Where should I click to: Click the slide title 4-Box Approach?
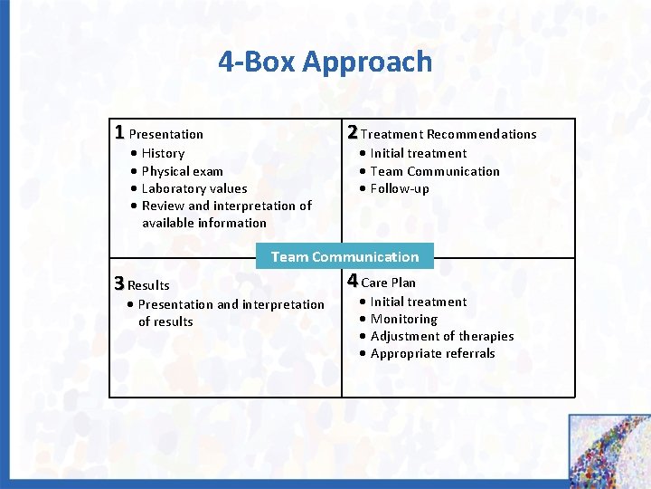[x=325, y=62]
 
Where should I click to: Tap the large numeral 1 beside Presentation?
[x=119, y=132]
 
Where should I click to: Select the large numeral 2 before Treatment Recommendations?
[x=353, y=132]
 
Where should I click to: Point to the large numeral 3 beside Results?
[x=118, y=283]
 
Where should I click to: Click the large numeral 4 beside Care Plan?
[x=353, y=281]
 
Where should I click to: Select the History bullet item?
[x=162, y=154]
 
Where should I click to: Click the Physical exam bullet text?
[x=182, y=171]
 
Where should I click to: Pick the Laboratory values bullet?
[x=193, y=188]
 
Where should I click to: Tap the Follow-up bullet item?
[x=399, y=188]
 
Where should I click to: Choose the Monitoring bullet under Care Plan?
[x=403, y=319]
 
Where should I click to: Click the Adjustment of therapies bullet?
[x=441, y=336]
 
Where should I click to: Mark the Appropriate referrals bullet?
[x=432, y=353]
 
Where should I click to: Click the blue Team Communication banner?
[x=344, y=256]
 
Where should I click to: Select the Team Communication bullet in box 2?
[x=434, y=171]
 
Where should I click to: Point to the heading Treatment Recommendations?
[x=448, y=134]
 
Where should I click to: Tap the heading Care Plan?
[x=389, y=283]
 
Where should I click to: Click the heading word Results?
[x=149, y=285]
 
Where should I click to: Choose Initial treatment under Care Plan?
[x=418, y=302]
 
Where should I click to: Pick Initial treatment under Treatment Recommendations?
[x=418, y=154]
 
